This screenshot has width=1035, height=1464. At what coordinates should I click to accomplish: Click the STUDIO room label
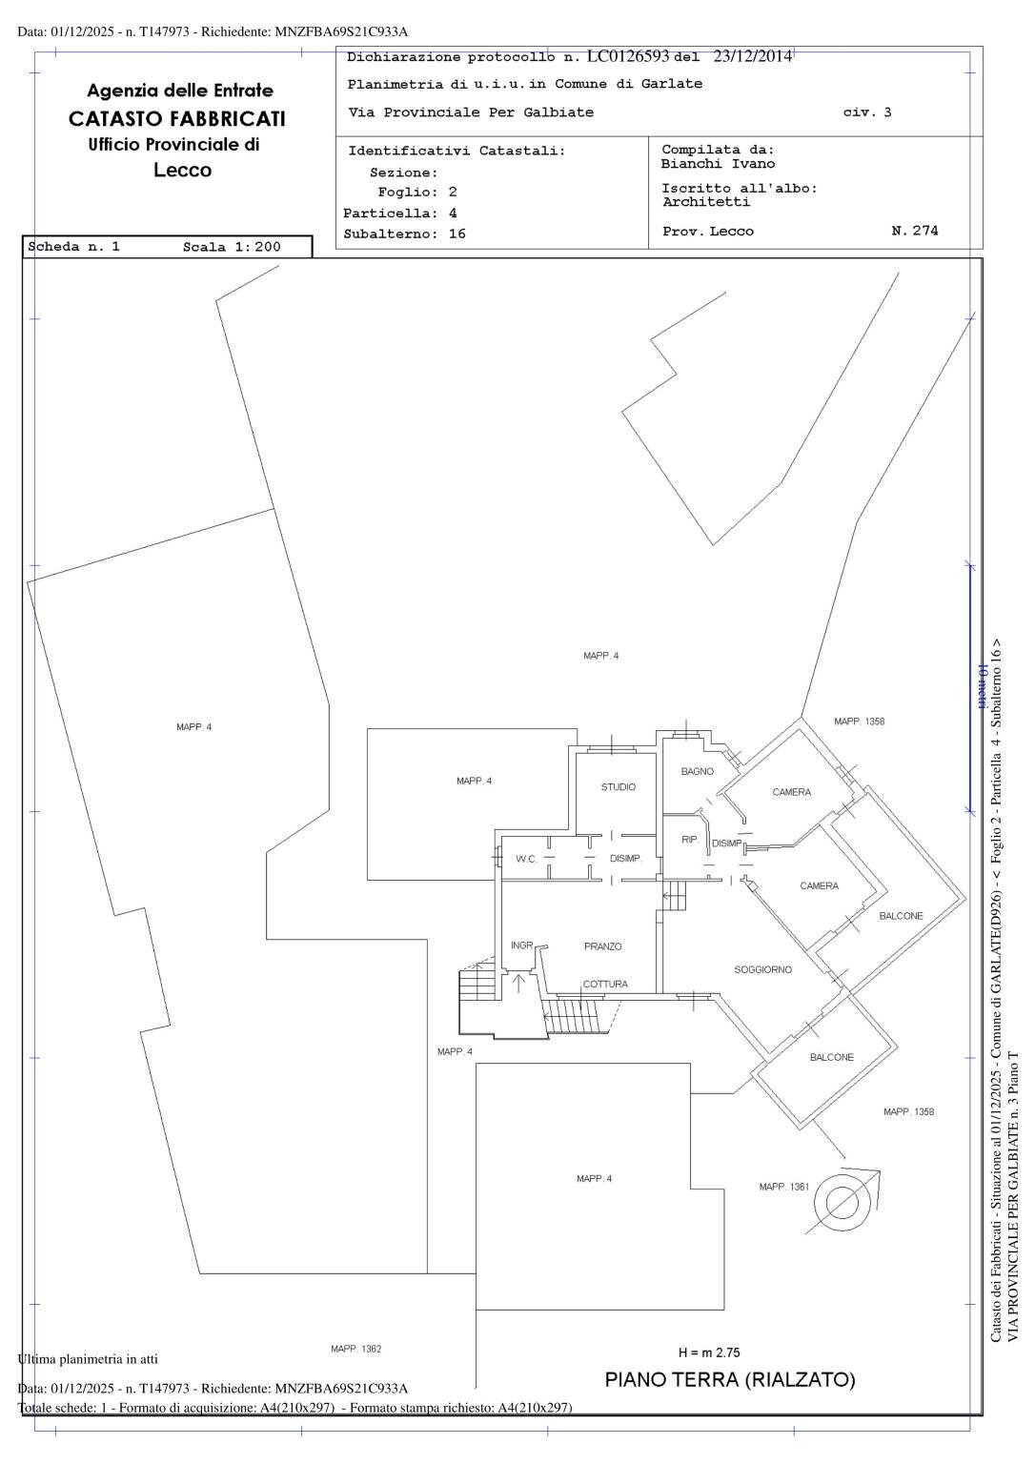coord(618,787)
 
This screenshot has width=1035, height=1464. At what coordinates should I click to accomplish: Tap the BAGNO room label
coord(697,772)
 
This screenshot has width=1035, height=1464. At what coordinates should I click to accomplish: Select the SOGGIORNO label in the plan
coord(762,970)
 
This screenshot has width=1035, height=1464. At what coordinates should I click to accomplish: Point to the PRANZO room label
coord(602,946)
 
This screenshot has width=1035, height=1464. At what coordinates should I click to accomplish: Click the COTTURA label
coord(605,985)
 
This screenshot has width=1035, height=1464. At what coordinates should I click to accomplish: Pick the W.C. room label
coord(527,859)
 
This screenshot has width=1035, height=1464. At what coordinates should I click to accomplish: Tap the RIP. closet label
coord(689,841)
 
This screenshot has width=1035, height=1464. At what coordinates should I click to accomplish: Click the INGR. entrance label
coord(521,945)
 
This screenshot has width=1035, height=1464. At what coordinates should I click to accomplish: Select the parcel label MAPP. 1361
coord(783,1187)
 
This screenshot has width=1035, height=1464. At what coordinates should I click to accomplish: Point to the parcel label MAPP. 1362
coord(355,1349)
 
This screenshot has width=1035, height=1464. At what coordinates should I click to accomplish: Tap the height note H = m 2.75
coord(709,1352)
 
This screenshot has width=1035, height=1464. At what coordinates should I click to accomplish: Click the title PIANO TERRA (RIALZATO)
coord(730,1380)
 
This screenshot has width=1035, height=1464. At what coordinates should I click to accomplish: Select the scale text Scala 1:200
coord(232,247)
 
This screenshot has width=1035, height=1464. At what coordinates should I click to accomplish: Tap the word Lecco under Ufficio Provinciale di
coord(182,171)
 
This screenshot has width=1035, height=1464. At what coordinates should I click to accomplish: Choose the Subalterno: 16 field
coord(404,234)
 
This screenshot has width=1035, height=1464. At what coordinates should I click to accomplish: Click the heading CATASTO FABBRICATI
coord(176,119)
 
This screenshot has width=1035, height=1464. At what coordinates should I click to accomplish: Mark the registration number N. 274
coord(914,231)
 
